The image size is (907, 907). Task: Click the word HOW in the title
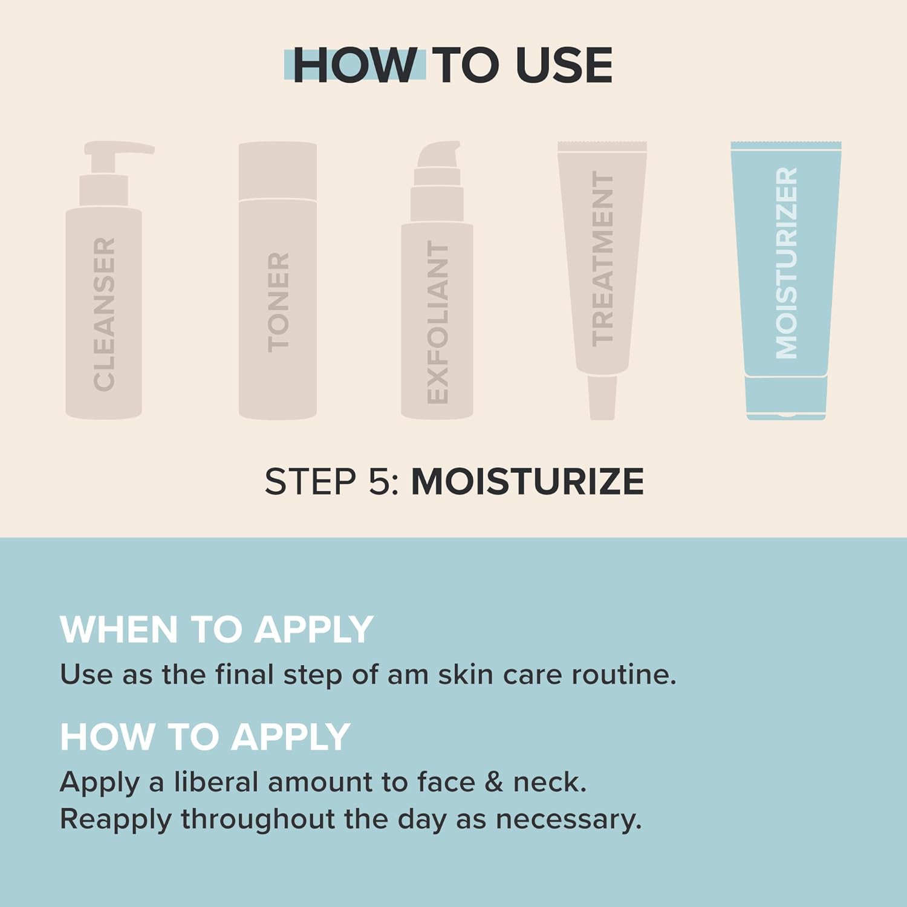coord(354,65)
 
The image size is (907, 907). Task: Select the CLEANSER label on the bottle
coord(104,314)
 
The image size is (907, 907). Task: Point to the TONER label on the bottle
coord(278,302)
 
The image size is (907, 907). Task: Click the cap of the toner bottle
coord(278,171)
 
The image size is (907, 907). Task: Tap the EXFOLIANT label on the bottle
coord(437,322)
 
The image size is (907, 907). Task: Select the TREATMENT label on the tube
coord(602,258)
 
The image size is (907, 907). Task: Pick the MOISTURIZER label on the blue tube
coord(786,263)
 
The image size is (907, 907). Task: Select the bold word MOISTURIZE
coord(527,482)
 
